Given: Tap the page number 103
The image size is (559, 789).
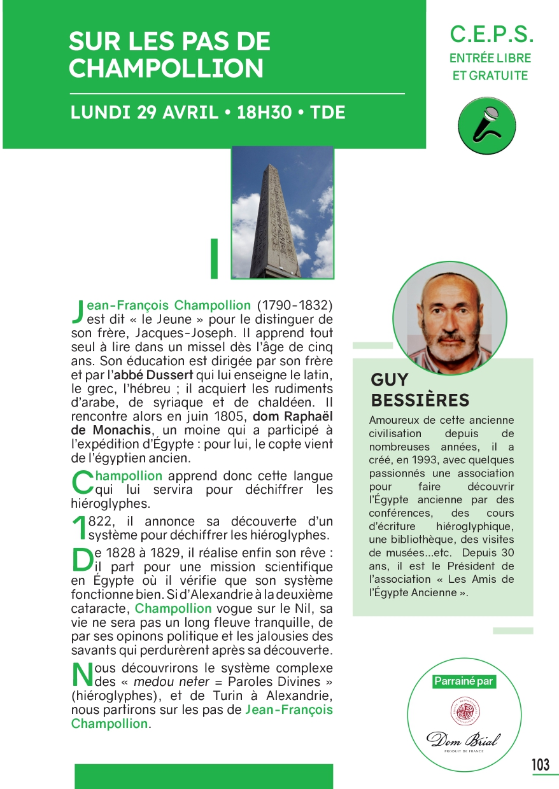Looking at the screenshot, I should [x=541, y=764].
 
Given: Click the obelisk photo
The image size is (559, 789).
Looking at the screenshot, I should [x=282, y=212].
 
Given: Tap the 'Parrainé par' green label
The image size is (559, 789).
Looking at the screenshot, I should [x=463, y=681].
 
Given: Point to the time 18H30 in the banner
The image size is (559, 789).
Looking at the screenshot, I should [x=264, y=113].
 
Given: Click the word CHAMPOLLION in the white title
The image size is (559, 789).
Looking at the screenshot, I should [x=166, y=68].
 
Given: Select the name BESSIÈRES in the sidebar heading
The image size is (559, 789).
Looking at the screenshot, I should [x=420, y=400].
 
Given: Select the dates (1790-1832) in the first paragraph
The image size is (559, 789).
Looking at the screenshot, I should [x=295, y=305].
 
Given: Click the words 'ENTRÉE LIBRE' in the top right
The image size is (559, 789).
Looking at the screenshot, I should [x=490, y=58].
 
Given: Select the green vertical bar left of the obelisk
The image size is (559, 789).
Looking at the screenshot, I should [x=214, y=258].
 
